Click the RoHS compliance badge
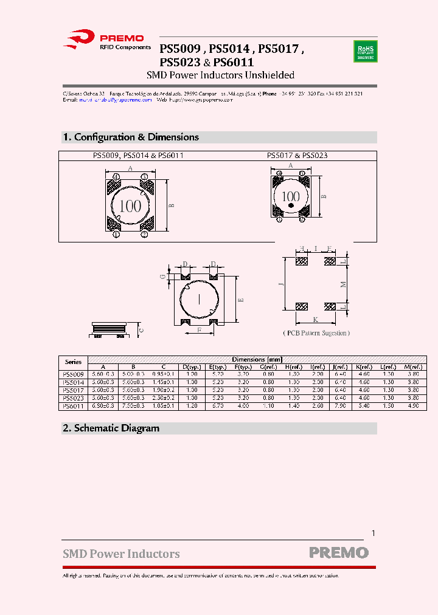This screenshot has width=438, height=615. point(365,51)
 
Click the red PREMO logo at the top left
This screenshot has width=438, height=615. point(104,40)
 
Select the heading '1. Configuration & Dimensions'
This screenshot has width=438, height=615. point(131,137)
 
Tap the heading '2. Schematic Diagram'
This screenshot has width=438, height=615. point(111,428)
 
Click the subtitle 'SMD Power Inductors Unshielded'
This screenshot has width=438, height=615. point(221,75)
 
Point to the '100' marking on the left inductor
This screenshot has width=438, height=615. point(130,205)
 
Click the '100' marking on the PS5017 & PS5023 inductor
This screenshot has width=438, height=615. point(291,196)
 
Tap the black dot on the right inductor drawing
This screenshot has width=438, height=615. point(291,207)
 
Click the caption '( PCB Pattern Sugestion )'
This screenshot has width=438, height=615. point(316,333)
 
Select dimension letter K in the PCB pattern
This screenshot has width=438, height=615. point(315,319)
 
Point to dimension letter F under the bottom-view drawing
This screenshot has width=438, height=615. point(199,330)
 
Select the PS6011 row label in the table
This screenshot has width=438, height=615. point(73,406)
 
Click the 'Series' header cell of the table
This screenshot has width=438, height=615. point(73,362)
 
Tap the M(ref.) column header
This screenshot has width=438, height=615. point(414,367)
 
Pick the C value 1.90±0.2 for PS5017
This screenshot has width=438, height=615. point(162,390)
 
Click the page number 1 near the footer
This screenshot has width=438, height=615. point(373,533)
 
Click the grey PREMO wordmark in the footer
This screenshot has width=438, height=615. point(338,553)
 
